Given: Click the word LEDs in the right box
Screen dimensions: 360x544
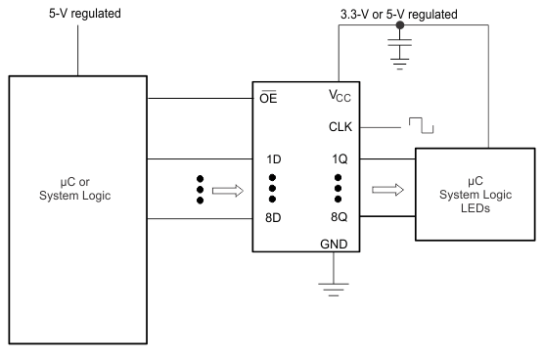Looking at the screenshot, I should coord(475,206).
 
